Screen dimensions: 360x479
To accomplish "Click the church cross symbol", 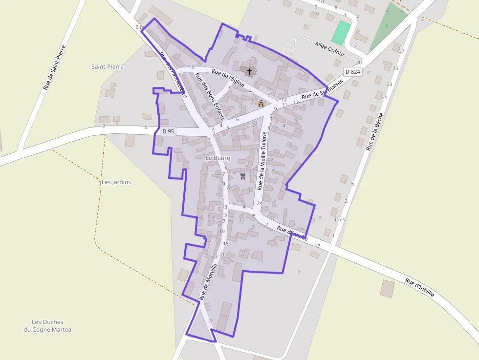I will [250, 71].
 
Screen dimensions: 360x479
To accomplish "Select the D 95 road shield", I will [168, 131].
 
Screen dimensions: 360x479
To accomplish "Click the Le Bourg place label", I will [218, 158].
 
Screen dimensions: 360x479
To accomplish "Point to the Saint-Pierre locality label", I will [108, 66].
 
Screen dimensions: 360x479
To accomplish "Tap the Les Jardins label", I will [116, 182].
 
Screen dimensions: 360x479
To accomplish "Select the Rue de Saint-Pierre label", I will [54, 68].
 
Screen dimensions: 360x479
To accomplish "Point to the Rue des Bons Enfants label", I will [209, 97].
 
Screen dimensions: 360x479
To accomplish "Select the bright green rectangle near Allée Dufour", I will [341, 33].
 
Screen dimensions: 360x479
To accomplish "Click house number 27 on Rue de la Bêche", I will [402, 51].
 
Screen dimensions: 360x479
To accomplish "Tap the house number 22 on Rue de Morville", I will [211, 320].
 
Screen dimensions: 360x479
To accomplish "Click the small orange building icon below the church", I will [261, 103].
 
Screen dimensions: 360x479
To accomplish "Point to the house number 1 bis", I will [339, 220].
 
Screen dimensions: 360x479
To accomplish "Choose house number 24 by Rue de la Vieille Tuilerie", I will [260, 203].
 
